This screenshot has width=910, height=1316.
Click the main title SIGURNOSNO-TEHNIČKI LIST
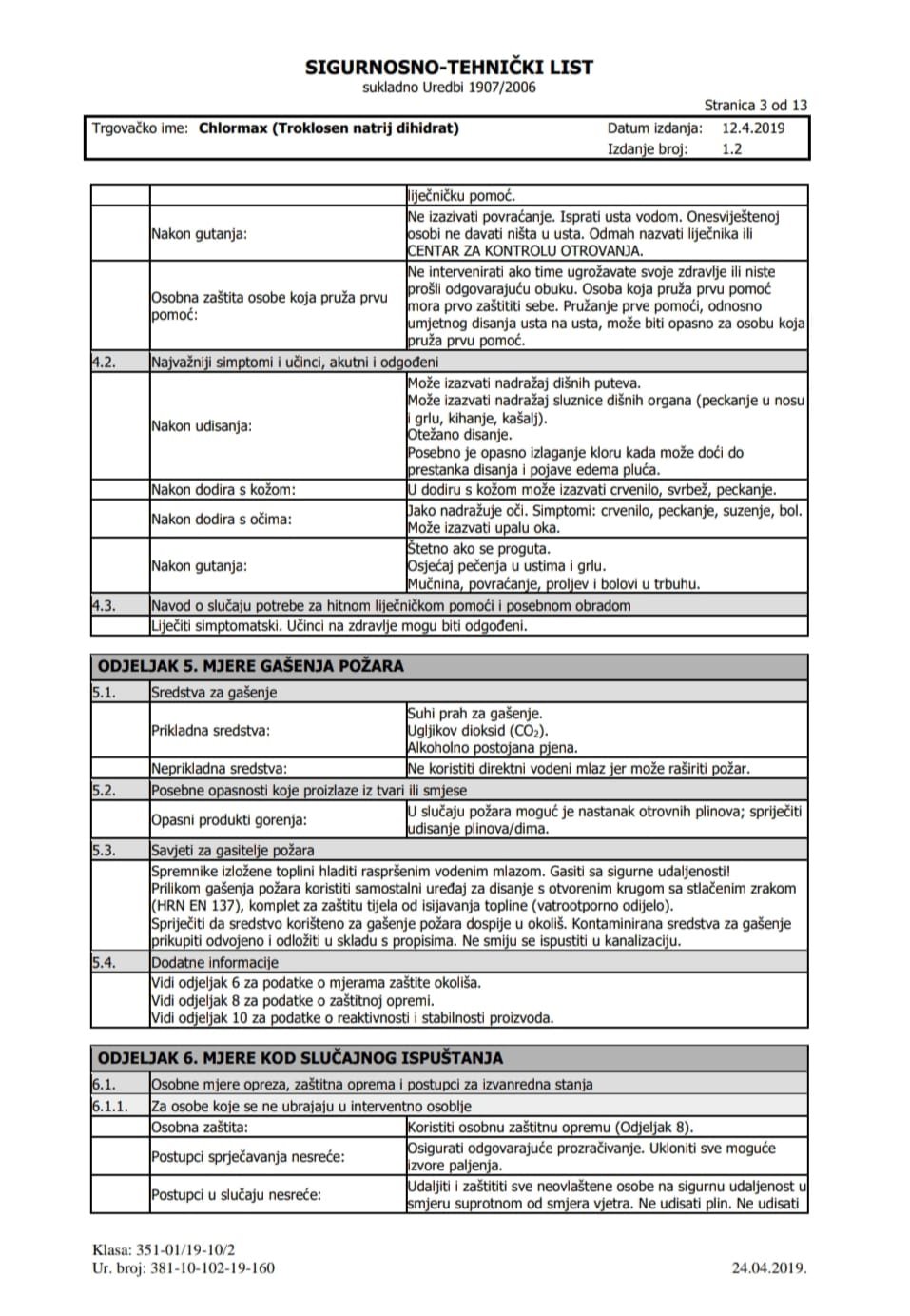(x=449, y=68)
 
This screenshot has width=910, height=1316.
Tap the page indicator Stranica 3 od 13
(x=755, y=106)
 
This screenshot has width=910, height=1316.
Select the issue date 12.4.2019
(x=753, y=128)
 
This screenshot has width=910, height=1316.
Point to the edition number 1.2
(x=731, y=149)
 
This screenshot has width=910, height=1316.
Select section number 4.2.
(x=104, y=363)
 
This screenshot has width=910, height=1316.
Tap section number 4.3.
(x=104, y=605)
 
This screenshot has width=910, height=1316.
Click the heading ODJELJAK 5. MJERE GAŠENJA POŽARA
(x=251, y=666)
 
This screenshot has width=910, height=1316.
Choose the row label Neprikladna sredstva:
(x=219, y=769)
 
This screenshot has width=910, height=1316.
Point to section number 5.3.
(x=104, y=851)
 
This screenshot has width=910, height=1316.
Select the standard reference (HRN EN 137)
(x=195, y=906)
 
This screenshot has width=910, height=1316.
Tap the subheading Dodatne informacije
(x=215, y=963)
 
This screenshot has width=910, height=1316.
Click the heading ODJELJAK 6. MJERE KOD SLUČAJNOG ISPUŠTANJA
(x=300, y=1058)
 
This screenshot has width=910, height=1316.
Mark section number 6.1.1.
(x=109, y=1107)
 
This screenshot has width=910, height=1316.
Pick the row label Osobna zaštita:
(x=200, y=1128)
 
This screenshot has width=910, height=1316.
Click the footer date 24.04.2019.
(x=769, y=1267)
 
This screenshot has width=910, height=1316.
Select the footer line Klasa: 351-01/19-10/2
(x=164, y=1250)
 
